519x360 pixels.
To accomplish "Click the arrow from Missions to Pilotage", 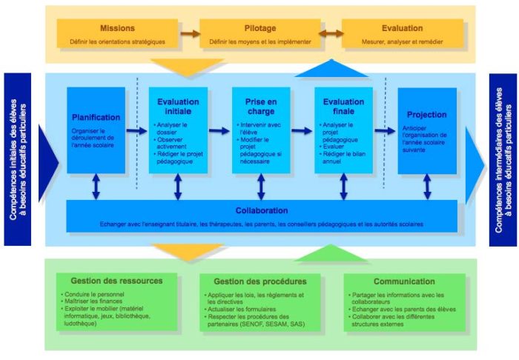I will pos(190,33).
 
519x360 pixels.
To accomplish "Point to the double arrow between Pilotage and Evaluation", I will pos(330,33).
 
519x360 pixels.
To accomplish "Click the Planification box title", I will pos(96,117).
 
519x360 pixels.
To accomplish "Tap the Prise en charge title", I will pos(260,105).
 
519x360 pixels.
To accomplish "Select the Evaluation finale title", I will pos(343,105).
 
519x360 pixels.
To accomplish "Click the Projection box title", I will pos(427,115).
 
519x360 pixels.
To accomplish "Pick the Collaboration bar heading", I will pos(262,210).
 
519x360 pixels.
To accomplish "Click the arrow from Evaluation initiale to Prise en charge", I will pos(219,131).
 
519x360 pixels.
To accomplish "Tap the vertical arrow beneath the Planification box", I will pos(96,187).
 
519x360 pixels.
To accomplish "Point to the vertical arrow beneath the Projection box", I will pos(427,187).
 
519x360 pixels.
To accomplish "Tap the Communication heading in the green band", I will pos(404,281).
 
